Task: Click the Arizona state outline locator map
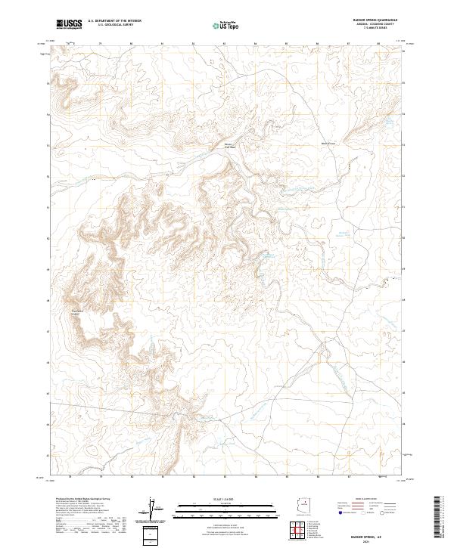click(x=305, y=507)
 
